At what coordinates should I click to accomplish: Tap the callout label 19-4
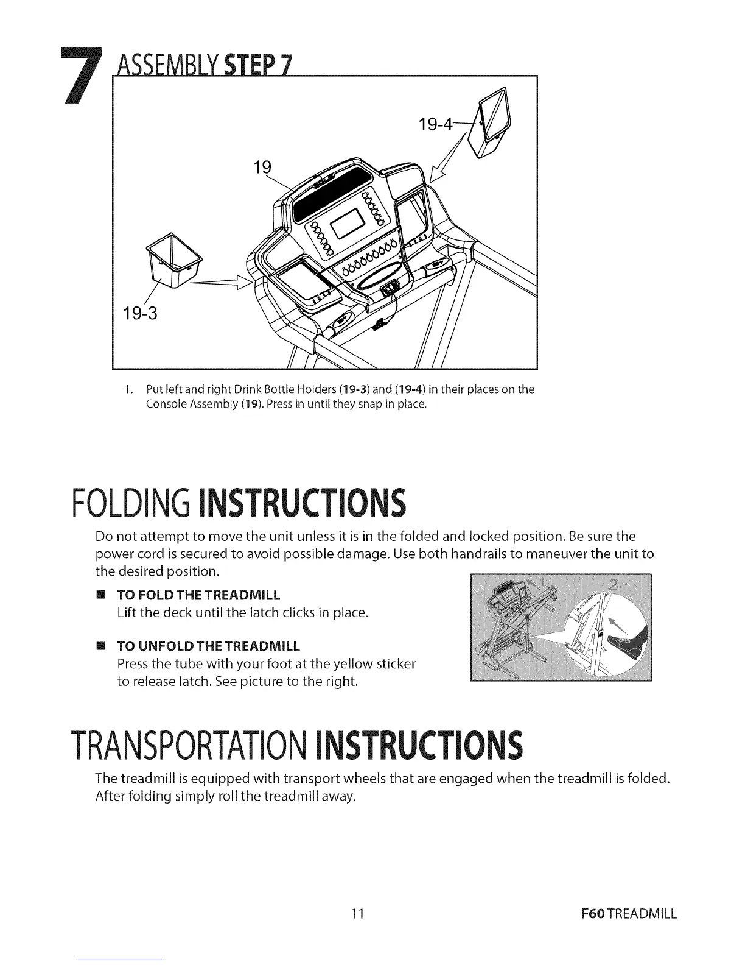[x=436, y=125]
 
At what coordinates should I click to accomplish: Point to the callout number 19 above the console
[x=261, y=168]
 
